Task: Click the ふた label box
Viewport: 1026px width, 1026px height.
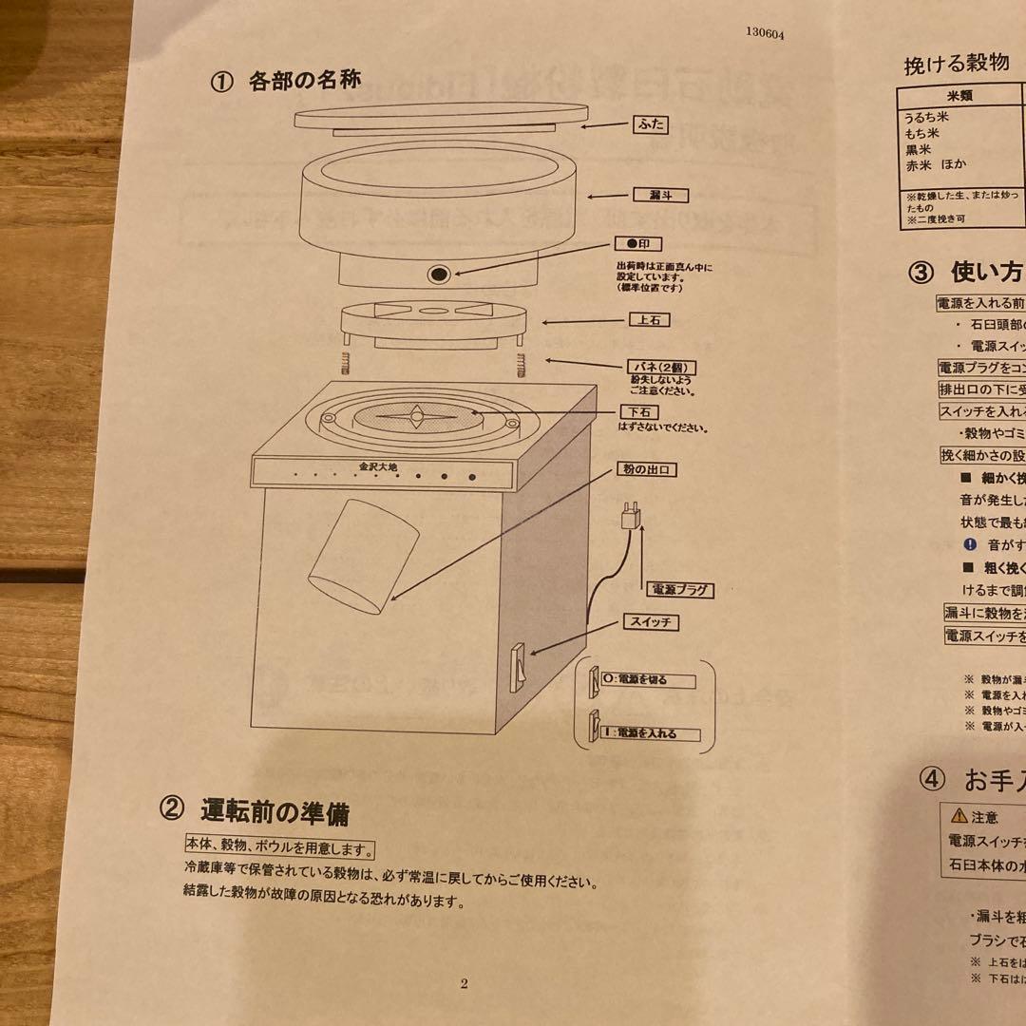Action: click(x=652, y=124)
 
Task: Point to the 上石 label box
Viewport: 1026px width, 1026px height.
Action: click(x=649, y=320)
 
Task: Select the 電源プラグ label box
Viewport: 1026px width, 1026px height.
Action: click(x=678, y=590)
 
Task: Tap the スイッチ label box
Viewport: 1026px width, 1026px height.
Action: click(x=652, y=623)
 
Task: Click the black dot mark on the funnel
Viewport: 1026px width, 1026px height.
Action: click(x=437, y=275)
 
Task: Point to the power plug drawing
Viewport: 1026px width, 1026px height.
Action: click(x=628, y=519)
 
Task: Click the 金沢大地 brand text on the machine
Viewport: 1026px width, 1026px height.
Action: click(x=379, y=466)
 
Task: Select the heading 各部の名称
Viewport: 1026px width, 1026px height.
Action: click(x=304, y=80)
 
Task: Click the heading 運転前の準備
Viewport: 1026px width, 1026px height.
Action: click(x=275, y=812)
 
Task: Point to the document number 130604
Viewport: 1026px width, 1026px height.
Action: click(x=765, y=32)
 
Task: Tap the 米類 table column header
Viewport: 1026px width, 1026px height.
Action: click(x=959, y=96)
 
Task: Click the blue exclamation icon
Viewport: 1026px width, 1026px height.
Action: click(x=970, y=544)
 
